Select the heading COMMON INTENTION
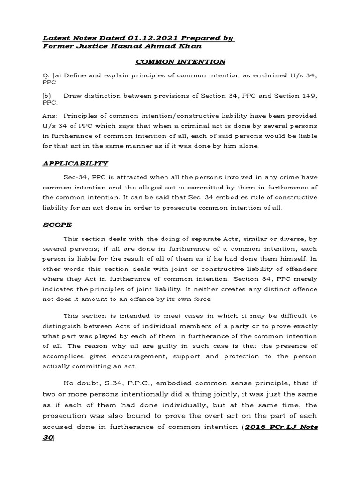(180, 62)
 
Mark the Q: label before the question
(45, 76)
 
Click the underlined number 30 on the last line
(47, 438)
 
